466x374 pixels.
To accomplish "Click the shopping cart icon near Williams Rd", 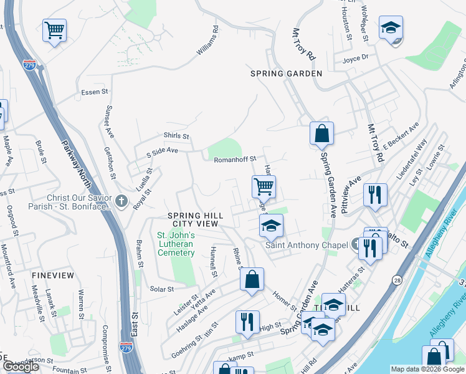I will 55,30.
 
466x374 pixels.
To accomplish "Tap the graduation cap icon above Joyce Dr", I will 391,28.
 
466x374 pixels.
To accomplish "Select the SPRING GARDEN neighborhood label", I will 287,74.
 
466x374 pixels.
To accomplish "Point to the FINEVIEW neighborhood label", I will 52,275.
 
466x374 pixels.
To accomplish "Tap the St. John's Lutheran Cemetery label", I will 176,244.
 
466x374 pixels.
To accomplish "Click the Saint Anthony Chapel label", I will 307,245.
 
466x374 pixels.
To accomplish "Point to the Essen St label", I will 95,92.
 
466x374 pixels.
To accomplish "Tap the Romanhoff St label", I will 231,160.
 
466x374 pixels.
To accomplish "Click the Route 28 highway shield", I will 396,281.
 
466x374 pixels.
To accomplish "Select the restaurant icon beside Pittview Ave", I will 376,194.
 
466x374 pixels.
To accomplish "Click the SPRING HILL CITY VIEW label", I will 195,219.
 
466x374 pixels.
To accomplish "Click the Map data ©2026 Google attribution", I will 427,369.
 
